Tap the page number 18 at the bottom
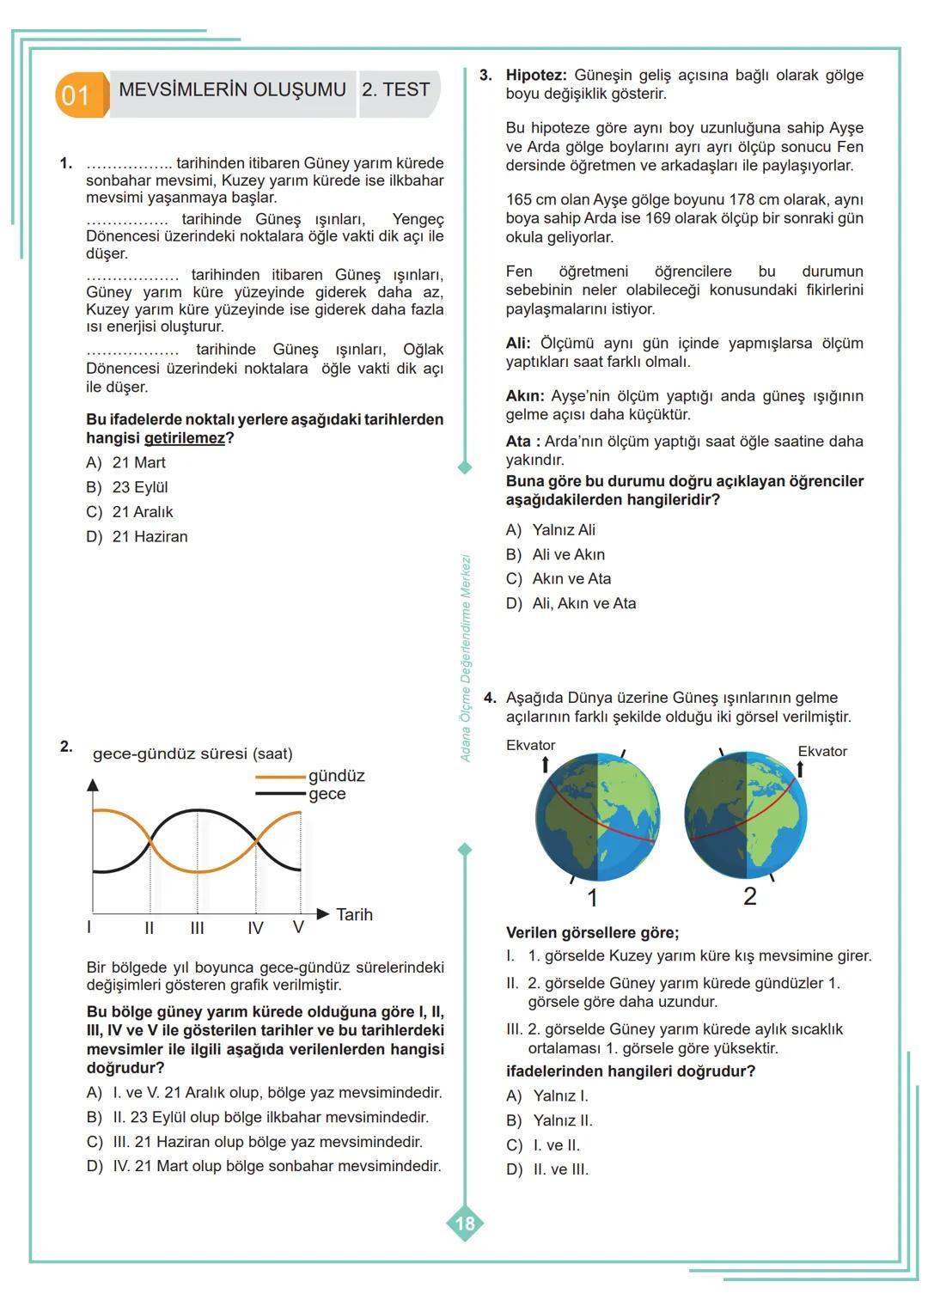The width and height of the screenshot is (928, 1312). [465, 1223]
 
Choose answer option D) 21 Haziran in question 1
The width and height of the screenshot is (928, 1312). [137, 536]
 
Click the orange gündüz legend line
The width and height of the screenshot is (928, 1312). [280, 777]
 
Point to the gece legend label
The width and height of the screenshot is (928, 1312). [327, 794]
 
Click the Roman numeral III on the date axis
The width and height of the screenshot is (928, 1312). [197, 928]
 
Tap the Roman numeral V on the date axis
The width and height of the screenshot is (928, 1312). [298, 928]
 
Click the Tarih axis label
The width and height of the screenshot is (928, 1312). [354, 914]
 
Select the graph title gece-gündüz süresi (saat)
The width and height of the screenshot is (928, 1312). [192, 754]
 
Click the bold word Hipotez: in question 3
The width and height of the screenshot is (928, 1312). [535, 76]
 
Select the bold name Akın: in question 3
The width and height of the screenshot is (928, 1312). [524, 396]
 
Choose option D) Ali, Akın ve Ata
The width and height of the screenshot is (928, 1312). [571, 603]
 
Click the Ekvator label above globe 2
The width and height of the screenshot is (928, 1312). [821, 751]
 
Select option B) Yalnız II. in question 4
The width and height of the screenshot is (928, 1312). [549, 1120]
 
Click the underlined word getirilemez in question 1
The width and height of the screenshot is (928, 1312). [184, 438]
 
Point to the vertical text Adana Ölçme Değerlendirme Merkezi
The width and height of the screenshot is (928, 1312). [466, 658]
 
